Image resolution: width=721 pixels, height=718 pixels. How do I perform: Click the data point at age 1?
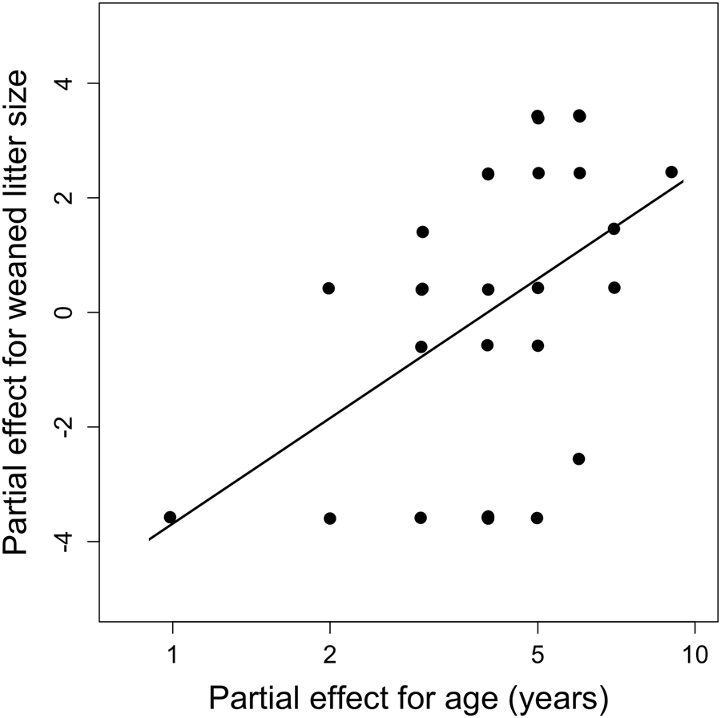170,517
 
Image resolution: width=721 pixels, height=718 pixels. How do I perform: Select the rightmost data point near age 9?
671,172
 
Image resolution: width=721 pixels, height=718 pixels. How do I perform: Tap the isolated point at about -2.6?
579,459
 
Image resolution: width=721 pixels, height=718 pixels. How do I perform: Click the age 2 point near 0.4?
328,288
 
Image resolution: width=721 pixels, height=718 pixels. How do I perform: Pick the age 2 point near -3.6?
329,518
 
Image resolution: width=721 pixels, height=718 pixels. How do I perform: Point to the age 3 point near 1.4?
422,232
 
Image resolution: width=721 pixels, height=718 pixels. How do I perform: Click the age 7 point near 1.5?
614,228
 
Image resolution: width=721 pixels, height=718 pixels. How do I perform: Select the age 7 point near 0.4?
614,288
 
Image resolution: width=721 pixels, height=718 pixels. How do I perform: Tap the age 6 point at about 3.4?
579,116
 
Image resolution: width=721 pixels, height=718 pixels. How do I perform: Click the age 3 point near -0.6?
421,346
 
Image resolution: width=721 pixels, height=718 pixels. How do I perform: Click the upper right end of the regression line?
683,181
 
